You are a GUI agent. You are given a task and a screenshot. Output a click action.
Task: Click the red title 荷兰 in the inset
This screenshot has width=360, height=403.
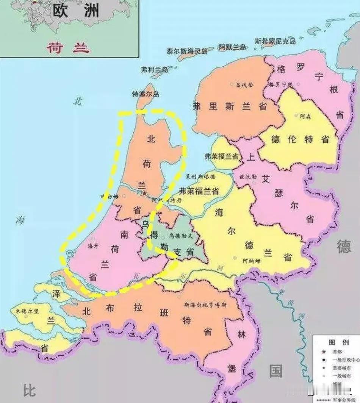[x=68, y=48]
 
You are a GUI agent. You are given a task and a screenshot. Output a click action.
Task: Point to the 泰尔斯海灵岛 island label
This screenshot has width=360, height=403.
[x=187, y=51]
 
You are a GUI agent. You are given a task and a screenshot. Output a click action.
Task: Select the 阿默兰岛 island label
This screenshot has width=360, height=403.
[x=232, y=47]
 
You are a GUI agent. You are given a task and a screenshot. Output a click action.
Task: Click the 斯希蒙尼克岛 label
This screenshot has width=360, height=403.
[x=275, y=41]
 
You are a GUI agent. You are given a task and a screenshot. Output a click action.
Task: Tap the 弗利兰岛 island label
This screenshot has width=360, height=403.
[x=154, y=70]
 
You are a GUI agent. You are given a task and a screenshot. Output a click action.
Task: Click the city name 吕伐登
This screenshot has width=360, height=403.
[x=244, y=84]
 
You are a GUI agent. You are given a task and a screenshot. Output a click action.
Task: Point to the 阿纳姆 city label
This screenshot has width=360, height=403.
[x=251, y=261]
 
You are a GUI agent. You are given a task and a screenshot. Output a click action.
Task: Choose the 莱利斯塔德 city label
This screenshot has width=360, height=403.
[x=200, y=177]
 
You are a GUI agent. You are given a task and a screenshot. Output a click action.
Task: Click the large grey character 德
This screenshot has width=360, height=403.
[x=344, y=247]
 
